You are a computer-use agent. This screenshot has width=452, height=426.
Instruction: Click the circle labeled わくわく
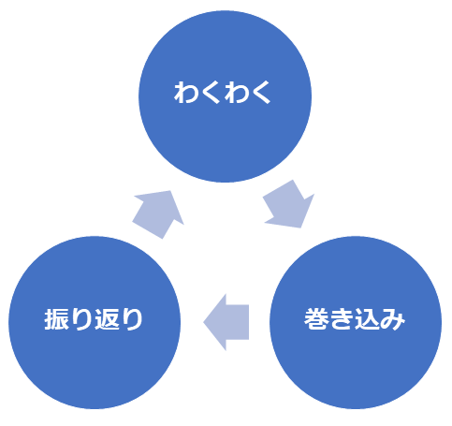point(225,96)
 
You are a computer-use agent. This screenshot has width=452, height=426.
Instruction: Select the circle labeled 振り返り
point(95,322)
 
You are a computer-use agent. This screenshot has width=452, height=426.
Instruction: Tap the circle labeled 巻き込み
point(356,322)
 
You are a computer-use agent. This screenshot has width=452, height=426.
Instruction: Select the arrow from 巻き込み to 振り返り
point(226,322)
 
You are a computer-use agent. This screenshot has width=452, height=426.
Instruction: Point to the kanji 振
point(56,319)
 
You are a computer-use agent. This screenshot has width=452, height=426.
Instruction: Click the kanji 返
point(107,319)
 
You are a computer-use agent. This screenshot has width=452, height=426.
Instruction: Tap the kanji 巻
point(316,318)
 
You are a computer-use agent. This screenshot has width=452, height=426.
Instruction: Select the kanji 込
point(367,318)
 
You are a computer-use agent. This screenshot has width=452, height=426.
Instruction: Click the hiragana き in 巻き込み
point(342,318)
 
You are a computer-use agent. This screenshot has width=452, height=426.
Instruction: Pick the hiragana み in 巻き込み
point(393,318)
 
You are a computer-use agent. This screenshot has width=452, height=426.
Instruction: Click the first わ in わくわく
point(185,93)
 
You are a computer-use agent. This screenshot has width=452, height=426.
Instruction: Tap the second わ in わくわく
point(236,93)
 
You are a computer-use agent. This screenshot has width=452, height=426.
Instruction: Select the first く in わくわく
point(211,93)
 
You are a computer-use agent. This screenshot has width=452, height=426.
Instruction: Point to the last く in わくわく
point(261,93)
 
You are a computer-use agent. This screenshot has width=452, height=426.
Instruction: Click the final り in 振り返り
point(132,319)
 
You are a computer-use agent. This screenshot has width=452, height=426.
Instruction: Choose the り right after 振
point(81,319)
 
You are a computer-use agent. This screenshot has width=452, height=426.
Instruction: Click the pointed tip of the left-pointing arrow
point(203,322)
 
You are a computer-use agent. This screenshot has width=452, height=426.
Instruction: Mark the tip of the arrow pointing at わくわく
point(170,191)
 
